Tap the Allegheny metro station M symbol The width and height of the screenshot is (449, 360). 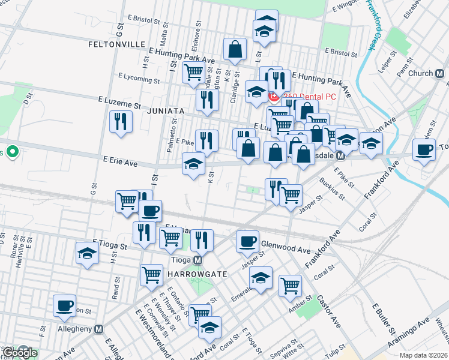[99, 329]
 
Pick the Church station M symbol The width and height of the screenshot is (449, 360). [440, 73]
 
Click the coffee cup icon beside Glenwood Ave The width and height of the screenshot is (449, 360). [247, 241]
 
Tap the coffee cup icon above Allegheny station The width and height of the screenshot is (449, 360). [64, 305]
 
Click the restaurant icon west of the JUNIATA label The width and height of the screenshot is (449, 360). [121, 122]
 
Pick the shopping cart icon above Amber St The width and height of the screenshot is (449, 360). [290, 285]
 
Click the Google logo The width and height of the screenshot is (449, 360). [20, 353]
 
